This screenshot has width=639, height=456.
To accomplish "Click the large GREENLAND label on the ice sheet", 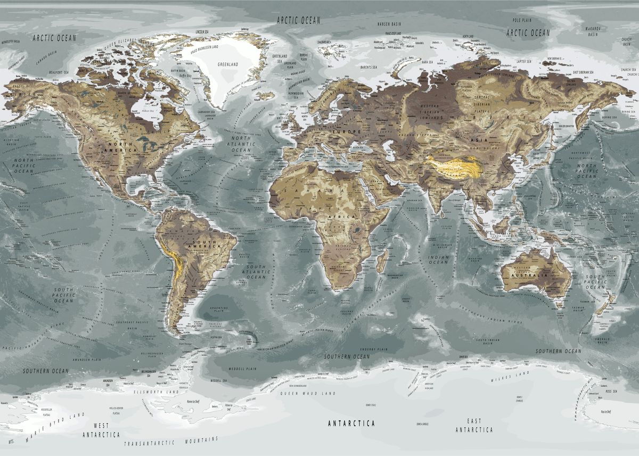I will (x=228, y=64).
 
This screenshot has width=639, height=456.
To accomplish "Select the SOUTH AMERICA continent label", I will (x=204, y=245).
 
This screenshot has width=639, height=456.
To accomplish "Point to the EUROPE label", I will (x=347, y=131).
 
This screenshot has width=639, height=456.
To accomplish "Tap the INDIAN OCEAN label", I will (x=438, y=259).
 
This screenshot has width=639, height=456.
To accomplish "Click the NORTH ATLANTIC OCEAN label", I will (x=240, y=144).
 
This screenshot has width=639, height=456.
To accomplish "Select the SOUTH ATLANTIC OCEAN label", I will (x=256, y=271).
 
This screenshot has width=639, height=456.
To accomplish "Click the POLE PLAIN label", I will (x=522, y=20).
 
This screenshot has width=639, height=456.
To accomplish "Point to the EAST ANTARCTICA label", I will (x=474, y=425).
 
